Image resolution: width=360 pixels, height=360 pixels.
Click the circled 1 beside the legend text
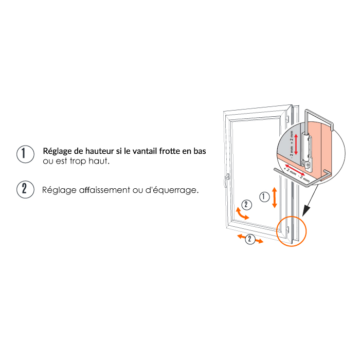(26, 154)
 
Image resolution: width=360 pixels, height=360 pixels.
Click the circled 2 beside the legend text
(26, 189)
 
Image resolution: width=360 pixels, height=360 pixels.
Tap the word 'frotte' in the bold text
(170, 151)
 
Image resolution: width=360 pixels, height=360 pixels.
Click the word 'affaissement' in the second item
(104, 190)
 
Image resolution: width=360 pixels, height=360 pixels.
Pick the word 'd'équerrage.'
(172, 190)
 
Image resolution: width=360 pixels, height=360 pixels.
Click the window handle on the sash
(227, 180)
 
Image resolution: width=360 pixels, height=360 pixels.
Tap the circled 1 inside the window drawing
(264, 197)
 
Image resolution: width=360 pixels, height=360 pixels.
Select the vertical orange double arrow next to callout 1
(274, 197)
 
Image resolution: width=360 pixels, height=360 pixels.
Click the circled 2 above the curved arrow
(246, 205)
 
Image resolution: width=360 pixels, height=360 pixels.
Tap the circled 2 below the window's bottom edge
(250, 239)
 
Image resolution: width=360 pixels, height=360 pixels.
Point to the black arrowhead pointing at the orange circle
(306, 210)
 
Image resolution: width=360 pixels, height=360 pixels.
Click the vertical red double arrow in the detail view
(296, 144)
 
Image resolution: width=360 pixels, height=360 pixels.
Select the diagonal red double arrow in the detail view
(295, 170)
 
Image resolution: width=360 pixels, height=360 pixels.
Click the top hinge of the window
(287, 119)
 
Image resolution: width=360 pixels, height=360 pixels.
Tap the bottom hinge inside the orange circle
(287, 229)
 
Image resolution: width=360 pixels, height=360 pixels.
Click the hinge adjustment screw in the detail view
(308, 165)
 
